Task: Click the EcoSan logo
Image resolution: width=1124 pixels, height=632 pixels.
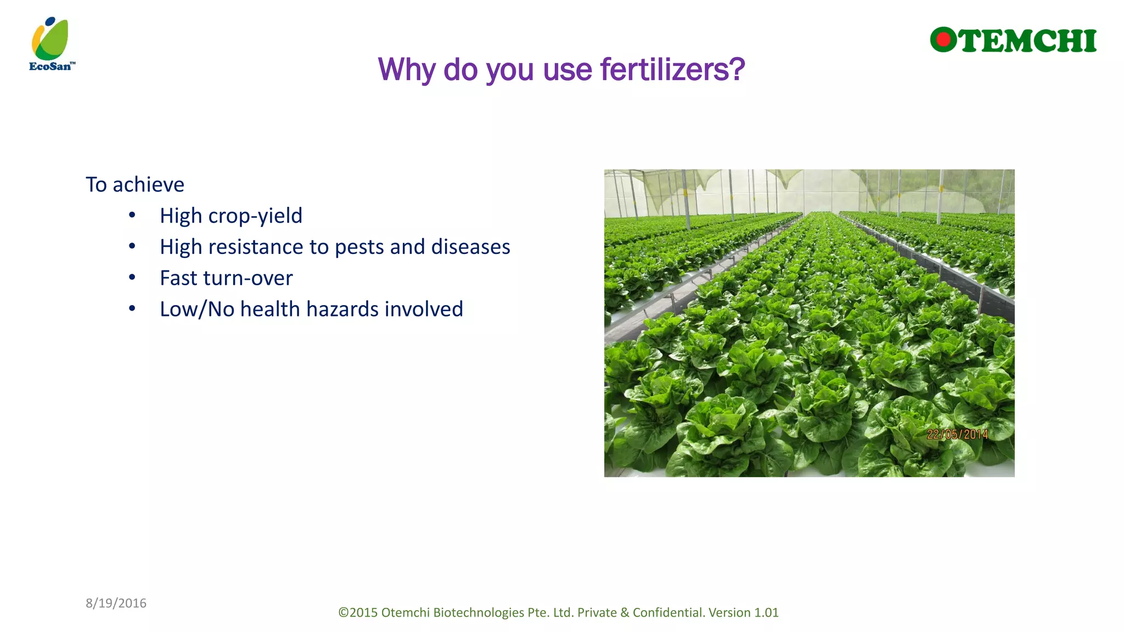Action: click(x=51, y=44)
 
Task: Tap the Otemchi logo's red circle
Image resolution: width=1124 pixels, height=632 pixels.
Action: click(x=943, y=40)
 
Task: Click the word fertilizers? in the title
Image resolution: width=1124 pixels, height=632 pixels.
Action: click(x=672, y=70)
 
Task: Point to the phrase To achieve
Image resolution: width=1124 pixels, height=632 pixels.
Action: click(x=134, y=185)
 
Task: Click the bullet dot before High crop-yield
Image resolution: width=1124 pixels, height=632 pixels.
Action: click(x=132, y=215)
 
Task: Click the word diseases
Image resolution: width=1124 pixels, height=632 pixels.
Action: click(x=470, y=247)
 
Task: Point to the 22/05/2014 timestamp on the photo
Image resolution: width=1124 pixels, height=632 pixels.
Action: click(x=957, y=435)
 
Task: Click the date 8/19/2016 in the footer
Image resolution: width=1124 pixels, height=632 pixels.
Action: click(x=116, y=603)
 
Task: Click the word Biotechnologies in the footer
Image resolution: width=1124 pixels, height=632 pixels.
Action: click(x=479, y=613)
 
